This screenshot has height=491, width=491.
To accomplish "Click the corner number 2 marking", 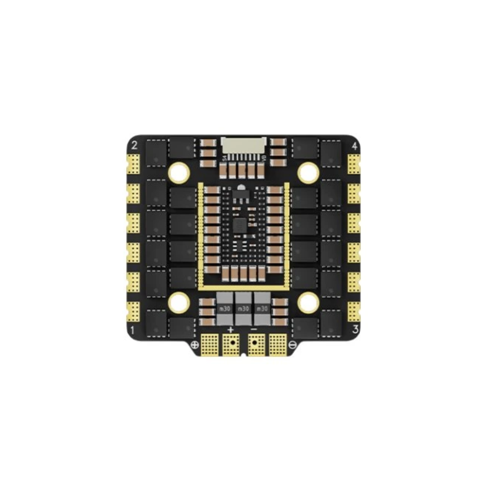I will (134, 145).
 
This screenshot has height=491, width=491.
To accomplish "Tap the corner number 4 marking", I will (355, 146).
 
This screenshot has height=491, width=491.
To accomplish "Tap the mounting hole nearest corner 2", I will (180, 172).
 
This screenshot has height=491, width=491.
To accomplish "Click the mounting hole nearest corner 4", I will (308, 172).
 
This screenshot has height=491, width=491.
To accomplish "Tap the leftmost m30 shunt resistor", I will (224, 309).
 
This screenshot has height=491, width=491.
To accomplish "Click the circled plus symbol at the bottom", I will (195, 344).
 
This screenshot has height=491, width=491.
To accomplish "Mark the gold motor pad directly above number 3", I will (354, 311).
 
